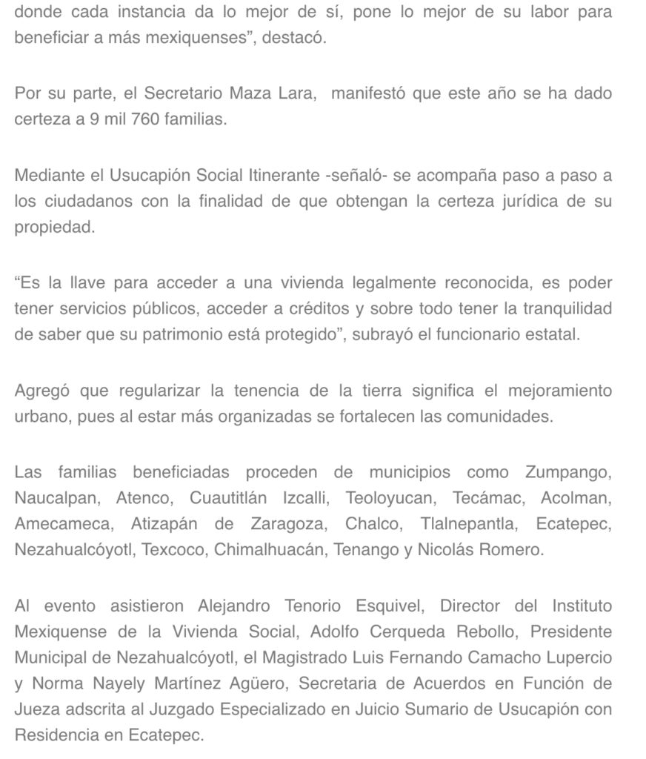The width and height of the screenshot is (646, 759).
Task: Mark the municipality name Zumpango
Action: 568,472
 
